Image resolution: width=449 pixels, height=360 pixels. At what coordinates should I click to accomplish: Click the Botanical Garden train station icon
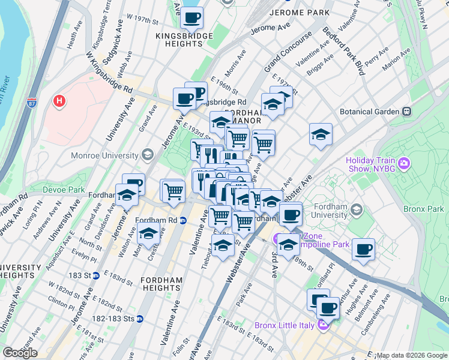(x=406, y=112)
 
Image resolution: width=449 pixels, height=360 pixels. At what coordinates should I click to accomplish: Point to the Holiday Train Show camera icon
(x=404, y=163)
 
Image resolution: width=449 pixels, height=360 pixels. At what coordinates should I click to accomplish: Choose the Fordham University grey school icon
(x=357, y=209)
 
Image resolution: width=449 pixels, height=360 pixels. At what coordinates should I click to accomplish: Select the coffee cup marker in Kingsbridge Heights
(x=192, y=18)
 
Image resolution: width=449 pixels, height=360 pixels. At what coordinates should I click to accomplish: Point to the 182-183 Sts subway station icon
(x=140, y=319)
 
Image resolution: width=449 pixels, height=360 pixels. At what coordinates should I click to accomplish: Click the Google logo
(x=20, y=353)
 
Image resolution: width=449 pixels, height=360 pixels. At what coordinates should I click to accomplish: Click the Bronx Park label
(x=429, y=209)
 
